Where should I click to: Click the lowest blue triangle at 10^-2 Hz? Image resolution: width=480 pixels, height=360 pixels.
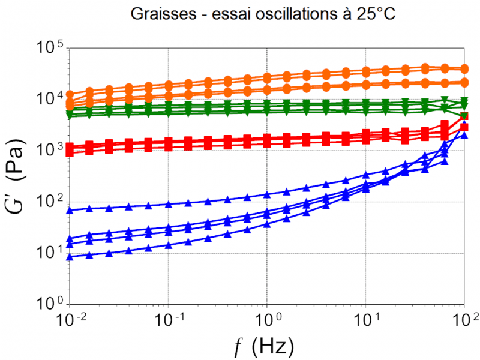tap(70, 257)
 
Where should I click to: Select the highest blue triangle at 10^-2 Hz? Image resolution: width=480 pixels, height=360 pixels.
tap(70, 210)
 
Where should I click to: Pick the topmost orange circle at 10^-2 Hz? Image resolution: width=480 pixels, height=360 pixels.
tap(70, 94)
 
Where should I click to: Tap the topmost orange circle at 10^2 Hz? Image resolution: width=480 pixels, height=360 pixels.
tap(464, 69)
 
